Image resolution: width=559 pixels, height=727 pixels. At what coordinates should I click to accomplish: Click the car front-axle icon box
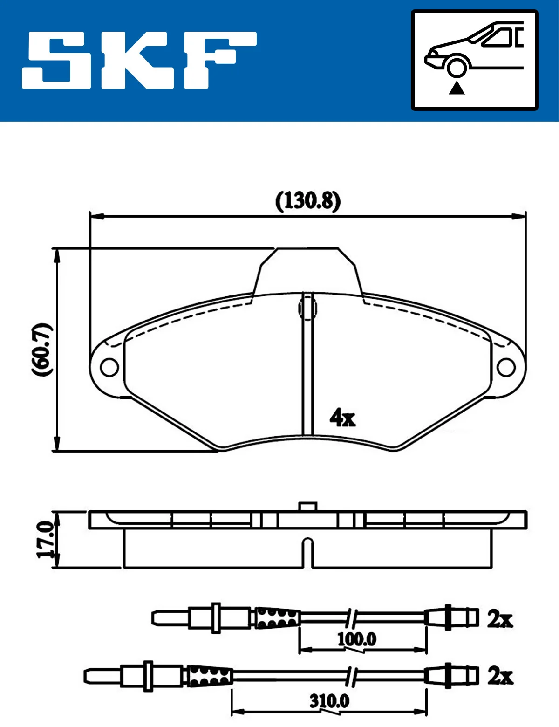coord(474,60)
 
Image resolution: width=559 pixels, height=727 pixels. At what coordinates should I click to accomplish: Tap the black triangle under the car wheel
coord(457,88)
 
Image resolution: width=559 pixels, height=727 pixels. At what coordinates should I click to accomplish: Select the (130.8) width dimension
coord(308,201)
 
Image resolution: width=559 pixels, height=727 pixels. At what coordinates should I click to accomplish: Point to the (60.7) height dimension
coord(42,349)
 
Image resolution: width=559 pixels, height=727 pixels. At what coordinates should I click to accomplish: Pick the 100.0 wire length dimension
coord(357,639)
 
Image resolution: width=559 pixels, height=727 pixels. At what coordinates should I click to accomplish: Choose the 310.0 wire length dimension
coord(329,700)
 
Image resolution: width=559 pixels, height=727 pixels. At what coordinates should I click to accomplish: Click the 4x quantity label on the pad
coord(342,417)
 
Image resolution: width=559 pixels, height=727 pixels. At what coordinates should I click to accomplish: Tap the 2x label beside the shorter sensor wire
coord(500,619)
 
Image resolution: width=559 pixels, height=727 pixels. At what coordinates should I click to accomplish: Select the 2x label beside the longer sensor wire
coord(500,676)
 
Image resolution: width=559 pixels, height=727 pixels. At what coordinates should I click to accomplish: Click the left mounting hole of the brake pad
coord(109,367)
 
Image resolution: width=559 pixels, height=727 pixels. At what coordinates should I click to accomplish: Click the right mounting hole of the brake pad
coord(506,367)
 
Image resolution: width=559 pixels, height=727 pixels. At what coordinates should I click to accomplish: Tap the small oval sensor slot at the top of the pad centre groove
coord(307,308)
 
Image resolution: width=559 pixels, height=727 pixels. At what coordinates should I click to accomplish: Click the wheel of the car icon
coord(457,67)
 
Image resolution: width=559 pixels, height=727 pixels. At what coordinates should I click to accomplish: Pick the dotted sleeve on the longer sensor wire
coord(210,676)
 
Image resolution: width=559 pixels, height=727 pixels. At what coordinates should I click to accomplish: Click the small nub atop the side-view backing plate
coord(307,507)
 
